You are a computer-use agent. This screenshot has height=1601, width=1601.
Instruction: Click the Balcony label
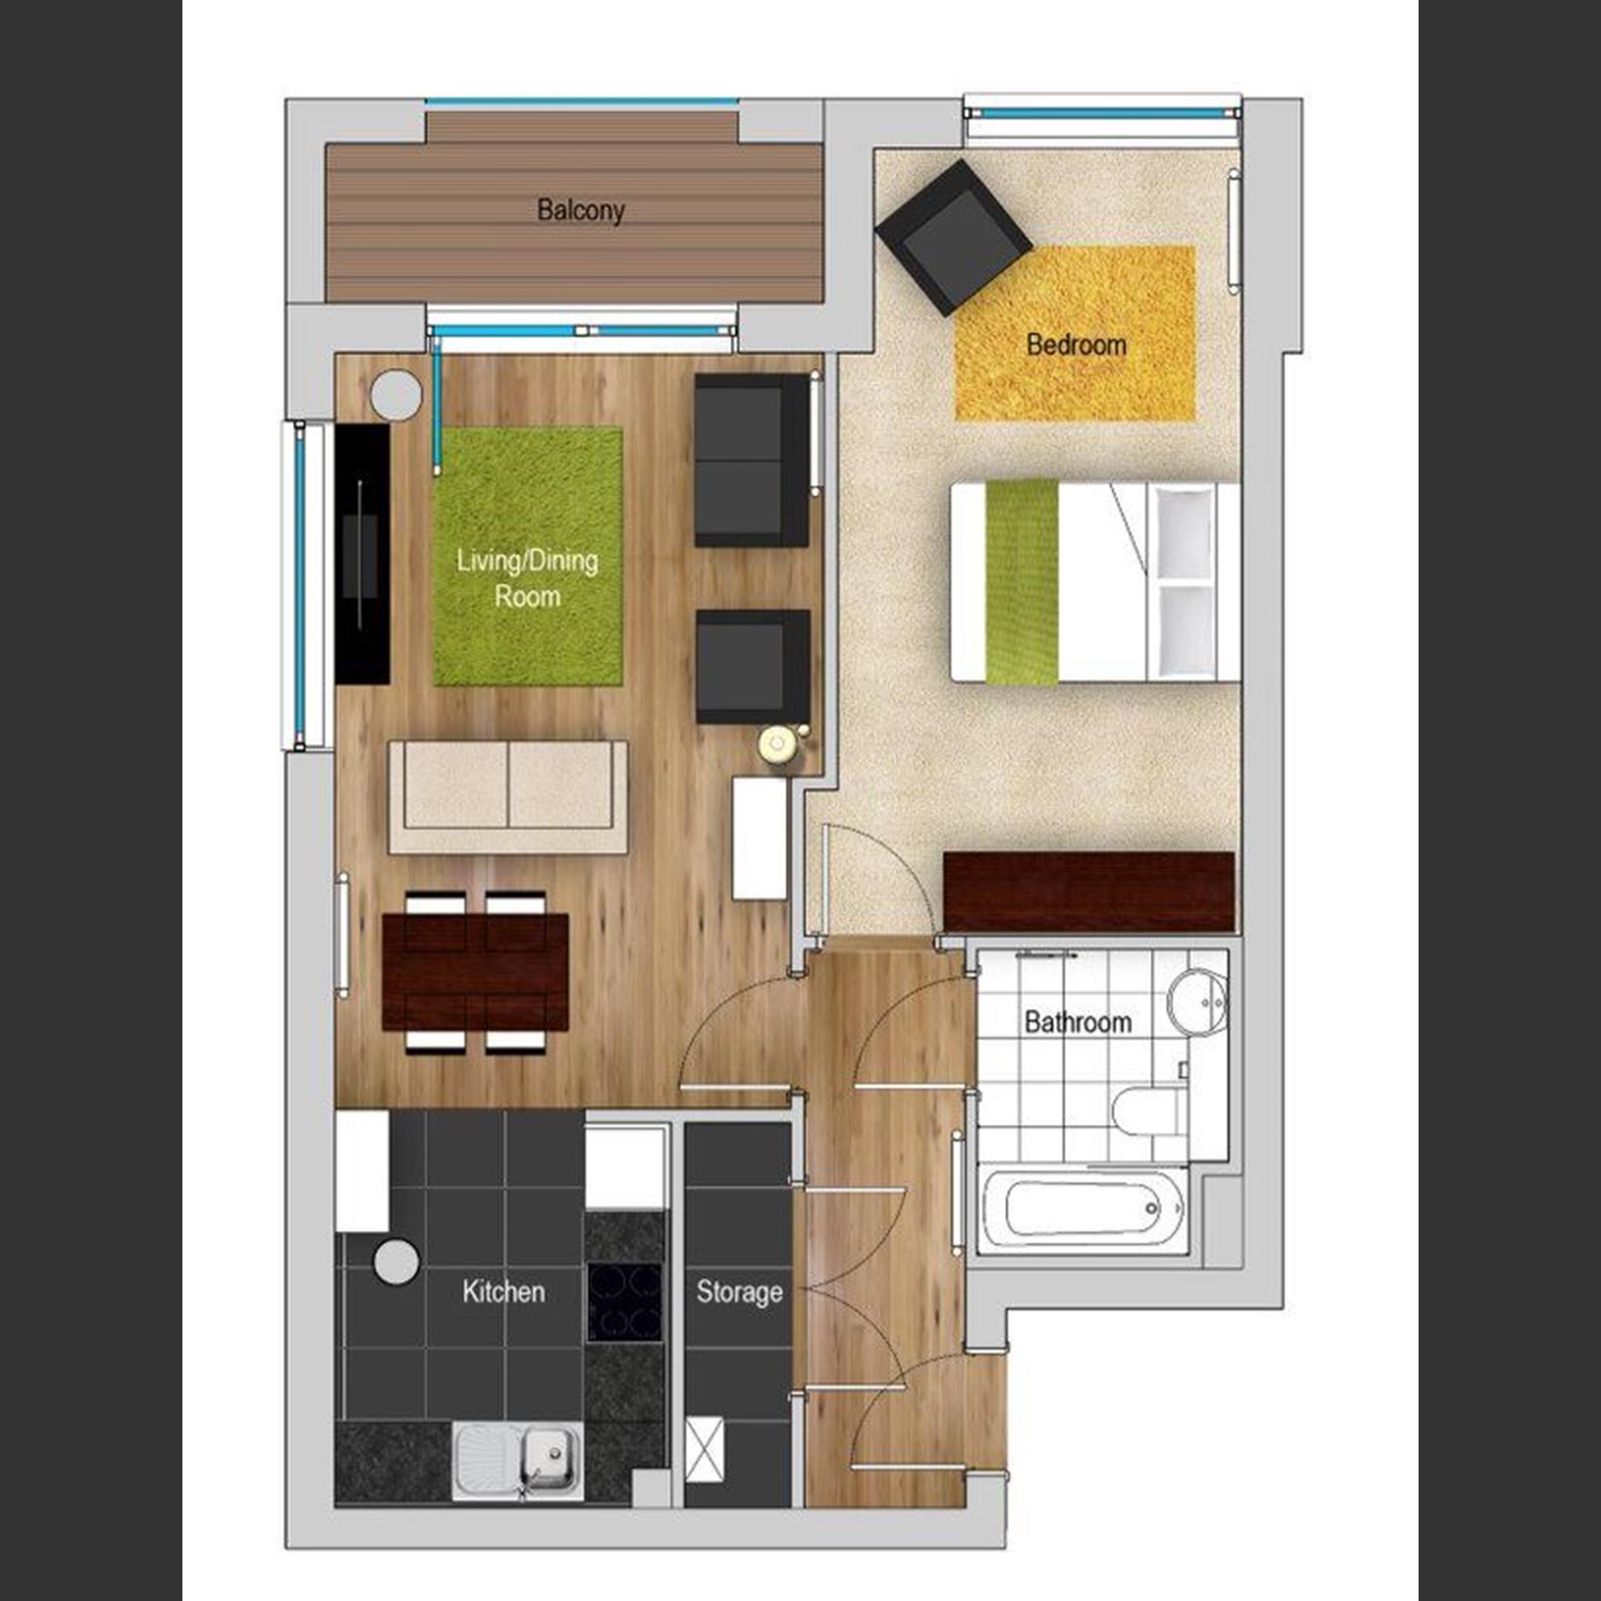click(x=580, y=210)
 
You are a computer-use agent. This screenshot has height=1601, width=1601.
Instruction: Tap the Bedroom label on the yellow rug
click(x=1076, y=344)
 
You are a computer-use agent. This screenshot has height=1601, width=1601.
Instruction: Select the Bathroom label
click(x=1077, y=1022)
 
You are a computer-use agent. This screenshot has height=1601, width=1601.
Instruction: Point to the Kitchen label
click(x=503, y=1291)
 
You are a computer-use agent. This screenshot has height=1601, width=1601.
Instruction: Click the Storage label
click(x=739, y=1292)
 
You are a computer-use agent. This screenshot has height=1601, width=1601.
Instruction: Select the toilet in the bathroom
click(x=1147, y=1109)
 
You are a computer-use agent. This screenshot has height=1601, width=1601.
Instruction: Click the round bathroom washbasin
click(x=1198, y=1002)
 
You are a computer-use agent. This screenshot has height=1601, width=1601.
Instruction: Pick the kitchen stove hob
click(x=625, y=1302)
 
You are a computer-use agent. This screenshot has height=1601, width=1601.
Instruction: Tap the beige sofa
click(x=508, y=796)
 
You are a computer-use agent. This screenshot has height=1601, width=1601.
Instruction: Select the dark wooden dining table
click(x=475, y=972)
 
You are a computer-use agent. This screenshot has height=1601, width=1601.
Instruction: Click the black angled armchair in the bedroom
click(x=954, y=237)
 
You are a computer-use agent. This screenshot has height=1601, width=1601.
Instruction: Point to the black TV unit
click(x=362, y=553)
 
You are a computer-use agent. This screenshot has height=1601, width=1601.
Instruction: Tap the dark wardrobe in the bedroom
click(x=1089, y=892)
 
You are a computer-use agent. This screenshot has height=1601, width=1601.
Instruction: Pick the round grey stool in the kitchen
click(x=396, y=1262)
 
